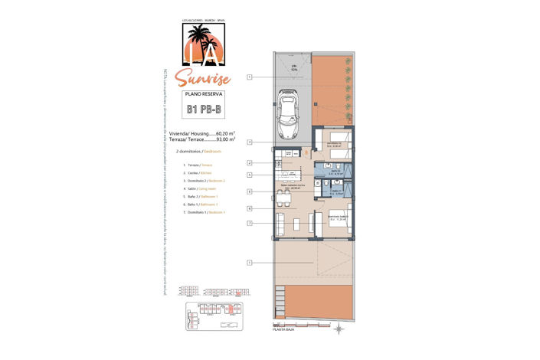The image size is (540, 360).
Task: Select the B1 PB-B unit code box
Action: [205, 110]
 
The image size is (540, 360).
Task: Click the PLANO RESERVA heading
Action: [204, 93]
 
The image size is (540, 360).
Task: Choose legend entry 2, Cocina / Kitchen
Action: [195, 172]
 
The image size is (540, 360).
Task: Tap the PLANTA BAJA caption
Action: [285, 332]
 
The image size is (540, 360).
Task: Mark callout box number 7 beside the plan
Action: [250, 223]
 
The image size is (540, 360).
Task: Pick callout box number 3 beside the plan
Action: [250, 142]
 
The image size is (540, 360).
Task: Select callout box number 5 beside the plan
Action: [250, 175]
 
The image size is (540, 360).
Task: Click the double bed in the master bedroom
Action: [340, 222]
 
